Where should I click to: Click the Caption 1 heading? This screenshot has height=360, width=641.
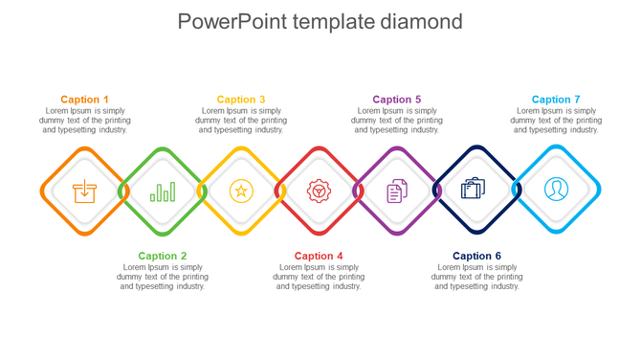(x=84, y=100)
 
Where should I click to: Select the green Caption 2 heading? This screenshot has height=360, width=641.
(x=163, y=256)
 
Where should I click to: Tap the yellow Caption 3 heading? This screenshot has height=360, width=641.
(x=241, y=100)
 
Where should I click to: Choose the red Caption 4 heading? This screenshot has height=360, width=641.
(x=319, y=256)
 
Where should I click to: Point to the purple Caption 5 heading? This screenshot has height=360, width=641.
(x=397, y=100)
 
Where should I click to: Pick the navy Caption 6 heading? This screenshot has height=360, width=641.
(x=476, y=256)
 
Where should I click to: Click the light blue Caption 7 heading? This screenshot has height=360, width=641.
(x=556, y=100)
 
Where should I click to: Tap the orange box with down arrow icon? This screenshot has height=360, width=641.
(x=84, y=191)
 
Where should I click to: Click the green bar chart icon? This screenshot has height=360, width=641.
(x=163, y=191)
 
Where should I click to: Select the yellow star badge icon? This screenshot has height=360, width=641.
(x=241, y=191)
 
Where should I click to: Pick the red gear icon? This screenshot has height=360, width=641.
(x=319, y=191)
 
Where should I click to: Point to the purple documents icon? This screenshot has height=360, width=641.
(x=397, y=191)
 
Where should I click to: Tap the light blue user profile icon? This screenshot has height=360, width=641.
(x=556, y=190)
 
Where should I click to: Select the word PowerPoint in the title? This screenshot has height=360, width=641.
(x=227, y=21)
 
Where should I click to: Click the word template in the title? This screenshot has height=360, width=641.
(x=328, y=22)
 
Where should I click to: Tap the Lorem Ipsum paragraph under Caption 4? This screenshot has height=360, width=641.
(x=319, y=277)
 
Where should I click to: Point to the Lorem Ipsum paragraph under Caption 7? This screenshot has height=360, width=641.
(x=556, y=121)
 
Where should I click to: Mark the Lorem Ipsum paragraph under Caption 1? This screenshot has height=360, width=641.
(x=84, y=121)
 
